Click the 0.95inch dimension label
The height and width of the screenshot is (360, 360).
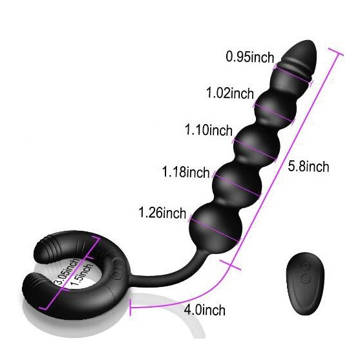(250, 57)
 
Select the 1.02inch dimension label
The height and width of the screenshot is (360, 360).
(230, 93)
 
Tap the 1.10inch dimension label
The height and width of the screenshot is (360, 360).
(209, 130)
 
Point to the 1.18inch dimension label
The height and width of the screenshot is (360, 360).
(186, 172)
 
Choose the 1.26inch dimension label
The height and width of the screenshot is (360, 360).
(162, 213)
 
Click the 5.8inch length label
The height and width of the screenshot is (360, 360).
(308, 166)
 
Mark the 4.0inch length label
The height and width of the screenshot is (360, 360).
(205, 310)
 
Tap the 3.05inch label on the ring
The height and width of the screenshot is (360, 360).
(67, 271)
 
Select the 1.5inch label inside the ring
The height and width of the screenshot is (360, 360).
(81, 275)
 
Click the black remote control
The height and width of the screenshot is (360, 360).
(305, 284)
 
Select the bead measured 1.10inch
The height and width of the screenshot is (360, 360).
(257, 145)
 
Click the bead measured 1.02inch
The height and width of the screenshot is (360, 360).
(275, 108)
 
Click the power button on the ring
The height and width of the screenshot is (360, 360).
(118, 275)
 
